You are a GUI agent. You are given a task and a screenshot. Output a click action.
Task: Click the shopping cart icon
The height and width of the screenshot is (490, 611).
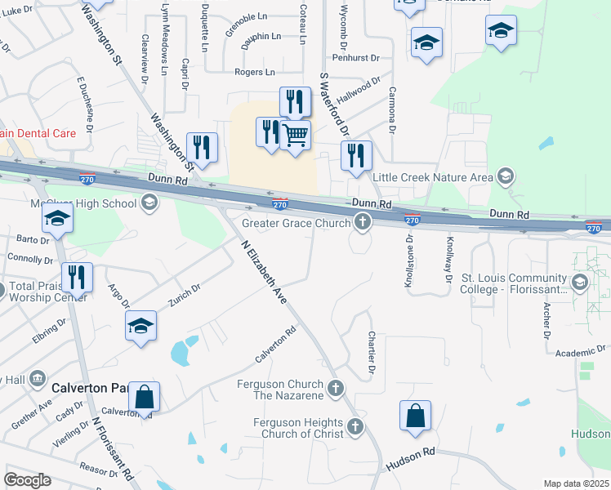tap(295, 135)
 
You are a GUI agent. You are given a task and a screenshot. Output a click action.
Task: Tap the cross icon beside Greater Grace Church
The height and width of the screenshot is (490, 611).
tap(362, 221)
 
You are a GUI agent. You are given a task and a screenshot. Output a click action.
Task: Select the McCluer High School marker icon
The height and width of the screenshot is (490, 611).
tap(149, 203)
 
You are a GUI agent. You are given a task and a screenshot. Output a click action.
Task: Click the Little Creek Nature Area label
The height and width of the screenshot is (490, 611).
tap(433, 177)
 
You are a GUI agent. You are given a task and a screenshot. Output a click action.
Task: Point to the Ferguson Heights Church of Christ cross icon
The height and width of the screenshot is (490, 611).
tap(355, 426)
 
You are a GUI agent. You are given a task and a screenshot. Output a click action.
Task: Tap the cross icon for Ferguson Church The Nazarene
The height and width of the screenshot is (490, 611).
tap(335, 388)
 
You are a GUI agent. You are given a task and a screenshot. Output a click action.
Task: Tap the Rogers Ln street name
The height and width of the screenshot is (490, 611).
tap(254, 72)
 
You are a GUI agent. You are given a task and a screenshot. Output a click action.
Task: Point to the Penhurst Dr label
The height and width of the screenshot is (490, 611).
tap(356, 58)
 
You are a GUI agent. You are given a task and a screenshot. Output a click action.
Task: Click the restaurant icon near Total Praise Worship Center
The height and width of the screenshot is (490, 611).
tap(76, 277)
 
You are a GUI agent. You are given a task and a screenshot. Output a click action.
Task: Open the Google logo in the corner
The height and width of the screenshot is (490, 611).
tap(27, 480)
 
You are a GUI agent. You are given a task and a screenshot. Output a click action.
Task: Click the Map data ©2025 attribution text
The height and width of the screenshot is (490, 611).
tap(575, 483)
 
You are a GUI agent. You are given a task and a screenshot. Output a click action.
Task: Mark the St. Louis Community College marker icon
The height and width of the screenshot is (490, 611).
tap(580, 283)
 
